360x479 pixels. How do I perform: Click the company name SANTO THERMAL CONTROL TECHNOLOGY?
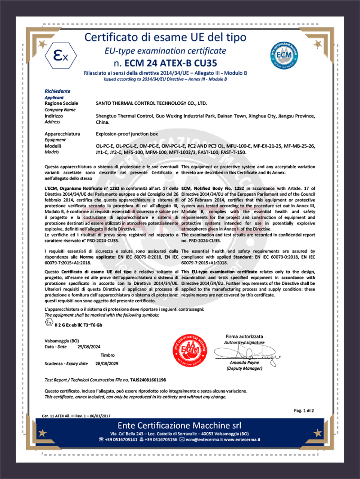tap(152, 103)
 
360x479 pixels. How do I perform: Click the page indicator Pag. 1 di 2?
tap(304, 410)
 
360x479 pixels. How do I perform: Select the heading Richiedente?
tap(58, 91)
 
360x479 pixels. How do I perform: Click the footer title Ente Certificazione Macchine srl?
tap(179, 425)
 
